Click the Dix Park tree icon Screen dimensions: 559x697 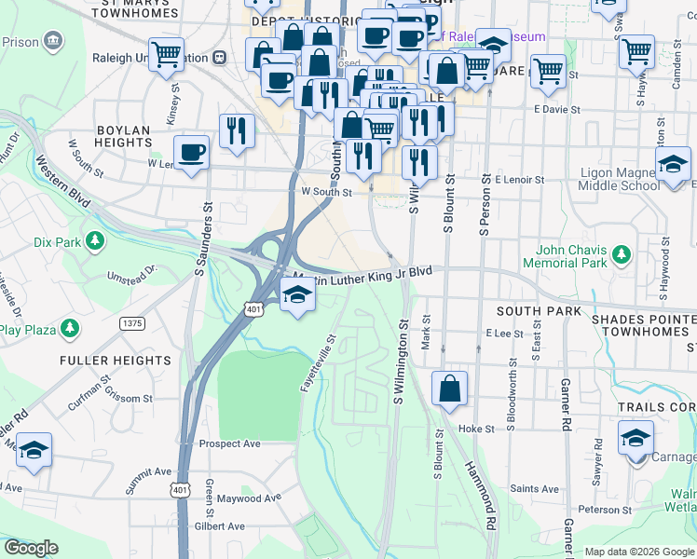(94, 242)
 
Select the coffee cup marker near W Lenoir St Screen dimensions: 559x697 (192, 153)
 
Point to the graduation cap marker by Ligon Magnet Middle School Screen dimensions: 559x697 (672, 168)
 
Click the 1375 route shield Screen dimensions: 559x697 (132, 323)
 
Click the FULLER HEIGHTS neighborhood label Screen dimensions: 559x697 (116, 360)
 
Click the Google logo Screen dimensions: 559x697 (31, 548)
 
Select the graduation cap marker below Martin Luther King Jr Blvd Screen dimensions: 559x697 (297, 296)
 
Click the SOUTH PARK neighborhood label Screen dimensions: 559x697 (539, 310)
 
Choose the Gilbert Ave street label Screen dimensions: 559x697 (219, 526)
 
